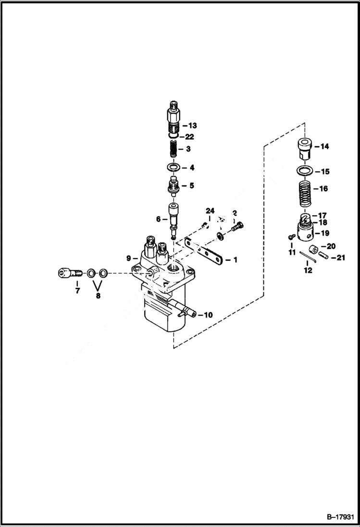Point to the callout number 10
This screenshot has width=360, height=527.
pyautogui.click(x=208, y=315)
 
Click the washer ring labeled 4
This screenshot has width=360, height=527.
pyautogui.click(x=173, y=168)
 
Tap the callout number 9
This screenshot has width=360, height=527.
pyautogui.click(x=129, y=258)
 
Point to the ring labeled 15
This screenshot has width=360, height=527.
pyautogui.click(x=303, y=171)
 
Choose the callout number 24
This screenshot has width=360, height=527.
pyautogui.click(x=209, y=211)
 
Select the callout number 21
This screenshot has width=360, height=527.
pyautogui.click(x=340, y=257)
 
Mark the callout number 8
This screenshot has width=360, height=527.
pyautogui.click(x=98, y=296)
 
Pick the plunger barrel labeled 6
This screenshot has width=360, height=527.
pyautogui.click(x=173, y=214)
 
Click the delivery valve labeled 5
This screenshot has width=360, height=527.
pyautogui.click(x=172, y=186)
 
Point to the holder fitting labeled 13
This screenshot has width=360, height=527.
pyautogui.click(x=174, y=117)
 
